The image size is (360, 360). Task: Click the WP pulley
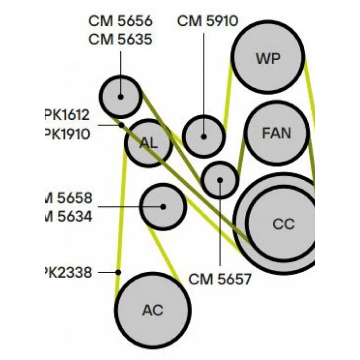click(x=268, y=58)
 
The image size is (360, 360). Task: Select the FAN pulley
click(x=277, y=133)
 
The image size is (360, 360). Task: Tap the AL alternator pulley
click(x=148, y=143)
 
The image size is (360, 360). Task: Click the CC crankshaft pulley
click(x=283, y=224)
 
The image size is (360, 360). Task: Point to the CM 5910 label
click(x=207, y=21)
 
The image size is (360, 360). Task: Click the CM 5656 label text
click(x=120, y=21)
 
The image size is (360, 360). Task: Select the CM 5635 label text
click(x=120, y=39)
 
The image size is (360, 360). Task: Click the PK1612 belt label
click(x=67, y=115)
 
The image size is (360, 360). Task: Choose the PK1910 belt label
click(x=67, y=134)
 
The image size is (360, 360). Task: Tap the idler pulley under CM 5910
click(x=204, y=136)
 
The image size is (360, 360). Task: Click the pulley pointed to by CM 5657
click(x=220, y=180)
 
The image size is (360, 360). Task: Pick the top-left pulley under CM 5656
click(x=121, y=96)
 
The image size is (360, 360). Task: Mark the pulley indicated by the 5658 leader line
click(x=163, y=207)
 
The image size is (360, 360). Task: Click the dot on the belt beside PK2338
click(x=118, y=272)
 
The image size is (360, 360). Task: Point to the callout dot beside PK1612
click(x=121, y=125)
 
